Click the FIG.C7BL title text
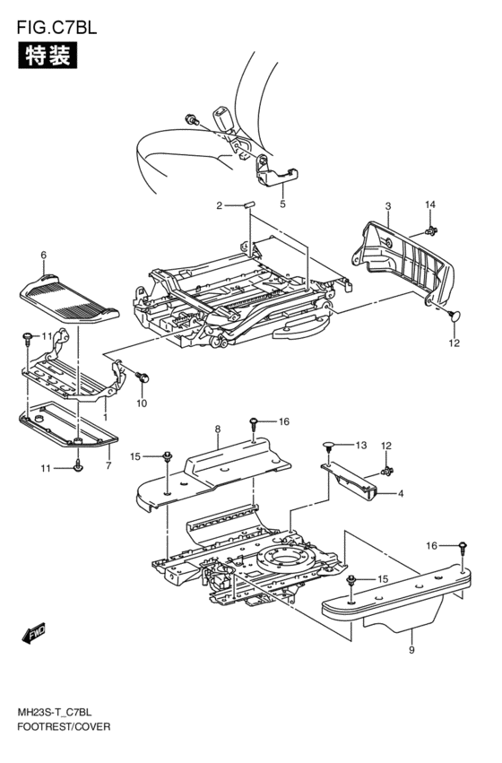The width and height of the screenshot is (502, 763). [56, 27]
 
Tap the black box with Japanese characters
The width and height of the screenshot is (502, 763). [48, 55]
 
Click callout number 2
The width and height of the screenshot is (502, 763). [219, 206]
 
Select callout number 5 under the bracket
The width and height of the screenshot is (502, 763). [282, 204]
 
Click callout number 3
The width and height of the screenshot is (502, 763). [387, 206]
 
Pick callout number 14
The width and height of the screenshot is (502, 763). [430, 204]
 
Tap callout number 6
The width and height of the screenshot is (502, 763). [43, 255]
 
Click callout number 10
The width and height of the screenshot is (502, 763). [142, 403]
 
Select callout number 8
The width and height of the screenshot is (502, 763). [218, 429]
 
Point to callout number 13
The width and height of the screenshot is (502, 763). [360, 445]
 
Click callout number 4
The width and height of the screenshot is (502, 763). [401, 493]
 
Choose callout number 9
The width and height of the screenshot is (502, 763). [411, 650]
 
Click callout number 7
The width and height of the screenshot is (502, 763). [108, 466]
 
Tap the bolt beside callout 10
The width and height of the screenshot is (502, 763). [142, 377]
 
